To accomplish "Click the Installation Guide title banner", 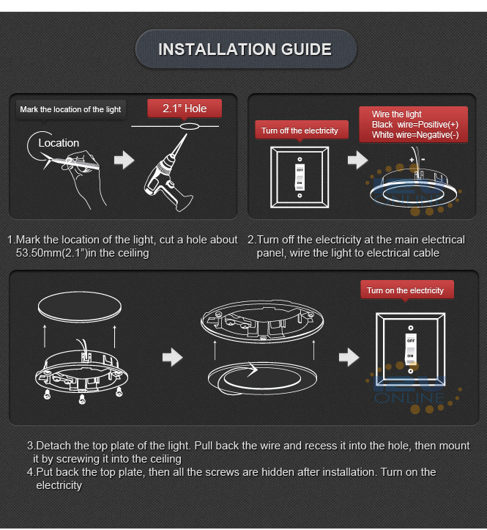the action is tap(245, 49).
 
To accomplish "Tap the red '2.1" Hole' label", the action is tap(185, 108).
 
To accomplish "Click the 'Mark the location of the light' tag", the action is tap(70, 109).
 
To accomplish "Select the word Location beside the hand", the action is tap(59, 143).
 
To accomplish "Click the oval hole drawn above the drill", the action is tap(189, 126).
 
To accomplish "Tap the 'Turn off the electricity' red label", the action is tap(300, 130).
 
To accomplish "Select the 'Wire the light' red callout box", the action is tap(413, 125).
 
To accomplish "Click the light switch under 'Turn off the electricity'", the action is tap(300, 177).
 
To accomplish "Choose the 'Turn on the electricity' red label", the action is tap(405, 290).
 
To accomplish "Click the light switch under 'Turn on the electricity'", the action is tap(411, 350).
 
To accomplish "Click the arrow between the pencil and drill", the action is tap(124, 160).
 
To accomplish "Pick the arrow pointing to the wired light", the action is tap(357, 160).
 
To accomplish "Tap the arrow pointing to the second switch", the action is tap(349, 357).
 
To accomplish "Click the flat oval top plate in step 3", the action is tap(80, 307).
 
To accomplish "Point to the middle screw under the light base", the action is tap(82, 400).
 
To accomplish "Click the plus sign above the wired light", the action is tap(412, 160).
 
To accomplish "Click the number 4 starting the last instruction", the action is tap(30, 472).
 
